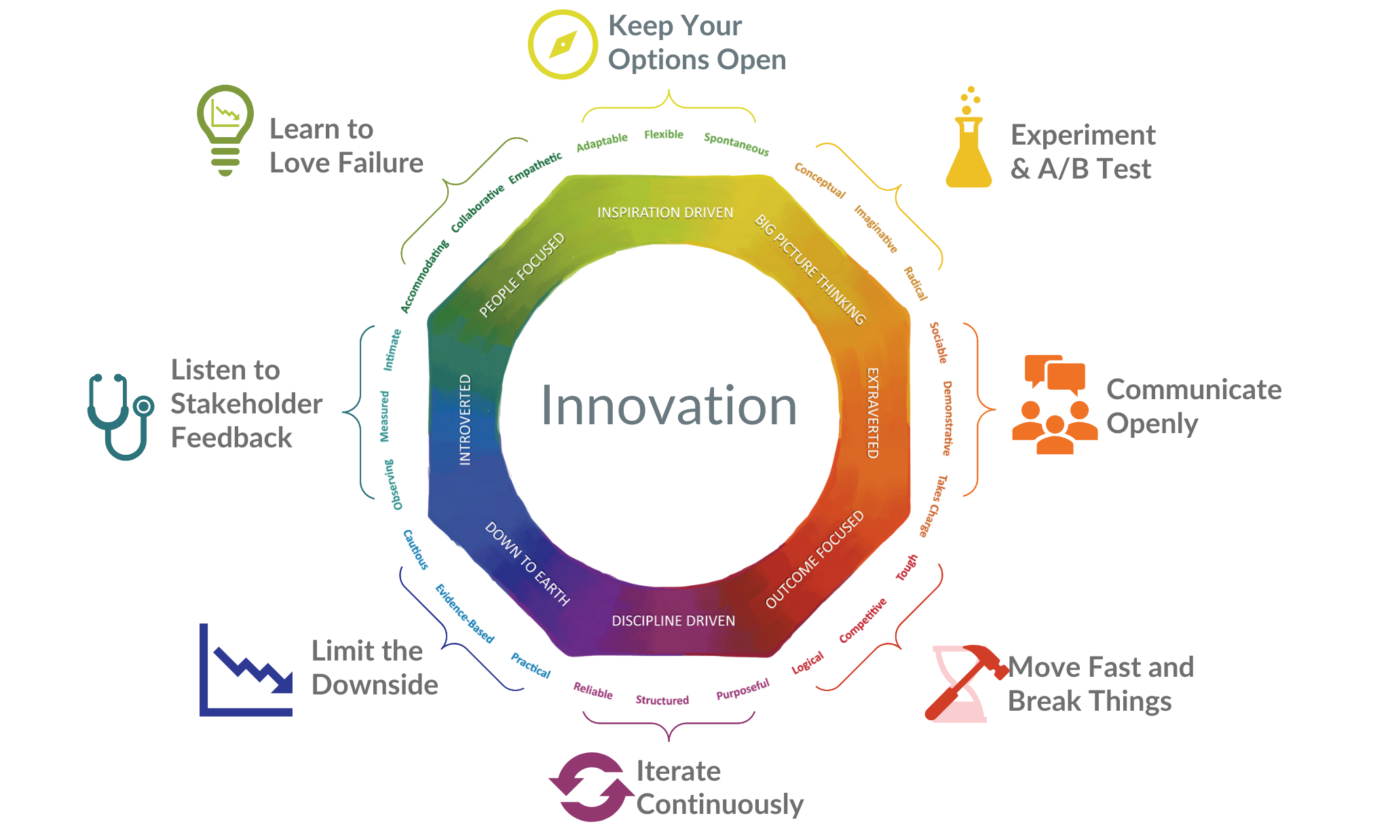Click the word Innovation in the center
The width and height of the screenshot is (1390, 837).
[669, 406]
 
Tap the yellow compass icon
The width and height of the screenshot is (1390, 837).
[563, 45]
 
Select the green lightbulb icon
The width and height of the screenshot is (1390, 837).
[225, 129]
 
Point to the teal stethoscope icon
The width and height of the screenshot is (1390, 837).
[119, 415]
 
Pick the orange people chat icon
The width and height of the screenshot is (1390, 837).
[1053, 405]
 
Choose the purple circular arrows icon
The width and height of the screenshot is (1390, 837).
[590, 787]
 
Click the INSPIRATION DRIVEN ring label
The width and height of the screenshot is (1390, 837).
[665, 213]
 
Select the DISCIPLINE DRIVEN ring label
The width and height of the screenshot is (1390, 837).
[673, 621]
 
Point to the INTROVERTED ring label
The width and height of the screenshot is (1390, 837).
[465, 420]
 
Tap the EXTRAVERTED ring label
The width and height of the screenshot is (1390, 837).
[873, 413]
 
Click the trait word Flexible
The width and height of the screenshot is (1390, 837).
[664, 134]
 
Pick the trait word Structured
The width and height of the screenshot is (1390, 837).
[662, 700]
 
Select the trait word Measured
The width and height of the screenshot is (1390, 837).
[384, 416]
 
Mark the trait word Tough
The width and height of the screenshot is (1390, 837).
[906, 568]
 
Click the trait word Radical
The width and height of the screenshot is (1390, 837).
[916, 284]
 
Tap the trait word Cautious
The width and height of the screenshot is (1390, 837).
[415, 549]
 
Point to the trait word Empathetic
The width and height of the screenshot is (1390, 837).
[536, 167]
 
